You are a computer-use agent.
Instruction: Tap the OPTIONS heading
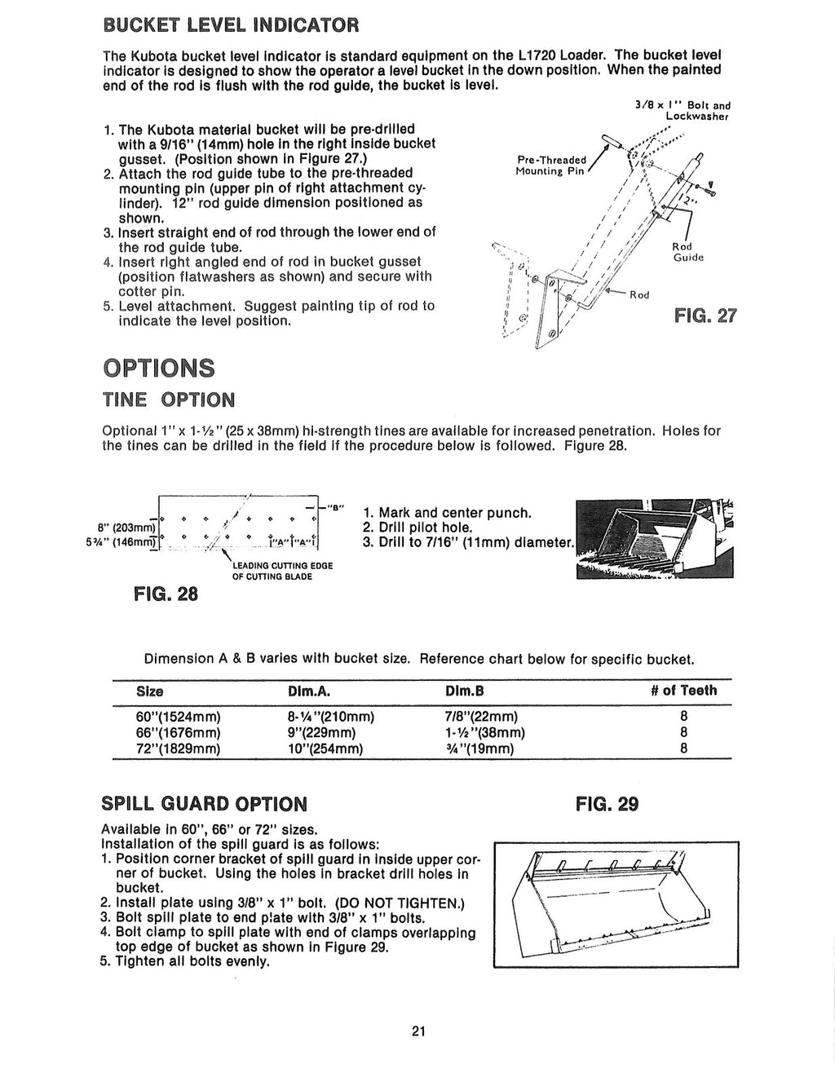point(159,368)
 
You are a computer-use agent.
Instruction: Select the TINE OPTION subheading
point(168,400)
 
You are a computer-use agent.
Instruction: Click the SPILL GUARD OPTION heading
point(204,804)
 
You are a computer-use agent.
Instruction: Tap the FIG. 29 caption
point(607,805)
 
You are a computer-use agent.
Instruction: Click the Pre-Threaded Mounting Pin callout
point(551,166)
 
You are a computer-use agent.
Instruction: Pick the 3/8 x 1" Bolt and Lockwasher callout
point(682,110)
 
